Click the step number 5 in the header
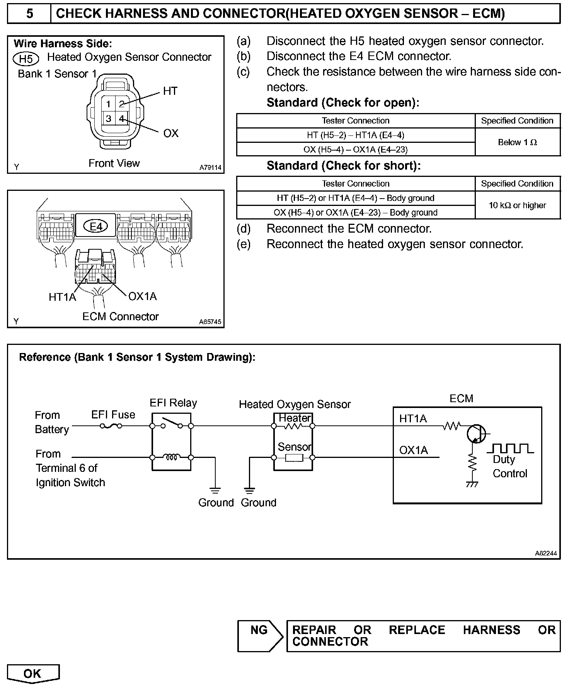point(29,14)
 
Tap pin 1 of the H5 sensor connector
point(109,104)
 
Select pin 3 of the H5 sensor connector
point(109,118)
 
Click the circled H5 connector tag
point(26,59)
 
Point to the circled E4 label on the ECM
point(96,226)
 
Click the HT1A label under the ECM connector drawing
point(62,297)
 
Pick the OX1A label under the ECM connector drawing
point(142,297)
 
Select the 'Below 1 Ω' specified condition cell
point(517,142)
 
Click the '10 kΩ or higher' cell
point(517,205)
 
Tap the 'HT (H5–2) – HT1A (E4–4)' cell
point(356,135)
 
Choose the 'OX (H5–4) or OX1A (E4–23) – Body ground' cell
point(356,213)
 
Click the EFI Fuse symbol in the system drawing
point(111,426)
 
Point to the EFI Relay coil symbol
point(171,457)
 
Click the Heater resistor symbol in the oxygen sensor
point(293,426)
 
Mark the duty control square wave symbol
point(510,449)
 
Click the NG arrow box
point(260,636)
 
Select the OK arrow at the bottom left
point(33,674)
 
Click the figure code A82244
point(545,554)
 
